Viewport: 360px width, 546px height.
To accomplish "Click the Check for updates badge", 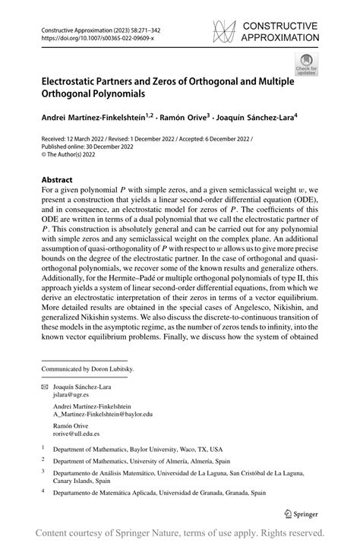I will [x=306, y=64].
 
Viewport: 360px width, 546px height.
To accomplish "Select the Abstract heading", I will [x=61, y=181].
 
